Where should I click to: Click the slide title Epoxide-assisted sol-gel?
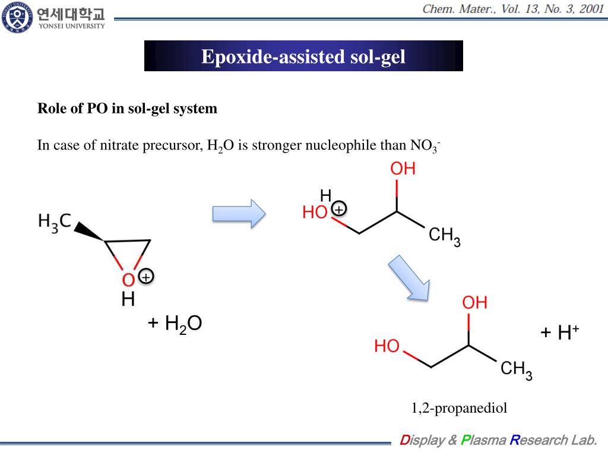303,56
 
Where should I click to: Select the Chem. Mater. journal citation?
512,9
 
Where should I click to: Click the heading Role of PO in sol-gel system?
128,109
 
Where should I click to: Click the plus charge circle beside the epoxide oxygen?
145,277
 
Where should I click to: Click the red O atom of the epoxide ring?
128,280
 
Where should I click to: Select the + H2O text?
175,324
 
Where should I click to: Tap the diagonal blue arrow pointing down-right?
410,278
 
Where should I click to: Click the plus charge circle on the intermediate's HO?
338,210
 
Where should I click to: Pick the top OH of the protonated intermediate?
403,169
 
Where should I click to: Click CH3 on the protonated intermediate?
444,236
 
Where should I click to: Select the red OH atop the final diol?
474,303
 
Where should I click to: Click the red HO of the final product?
387,346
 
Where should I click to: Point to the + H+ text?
559,333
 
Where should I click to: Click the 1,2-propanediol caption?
460,408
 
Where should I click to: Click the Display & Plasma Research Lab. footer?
498,440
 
